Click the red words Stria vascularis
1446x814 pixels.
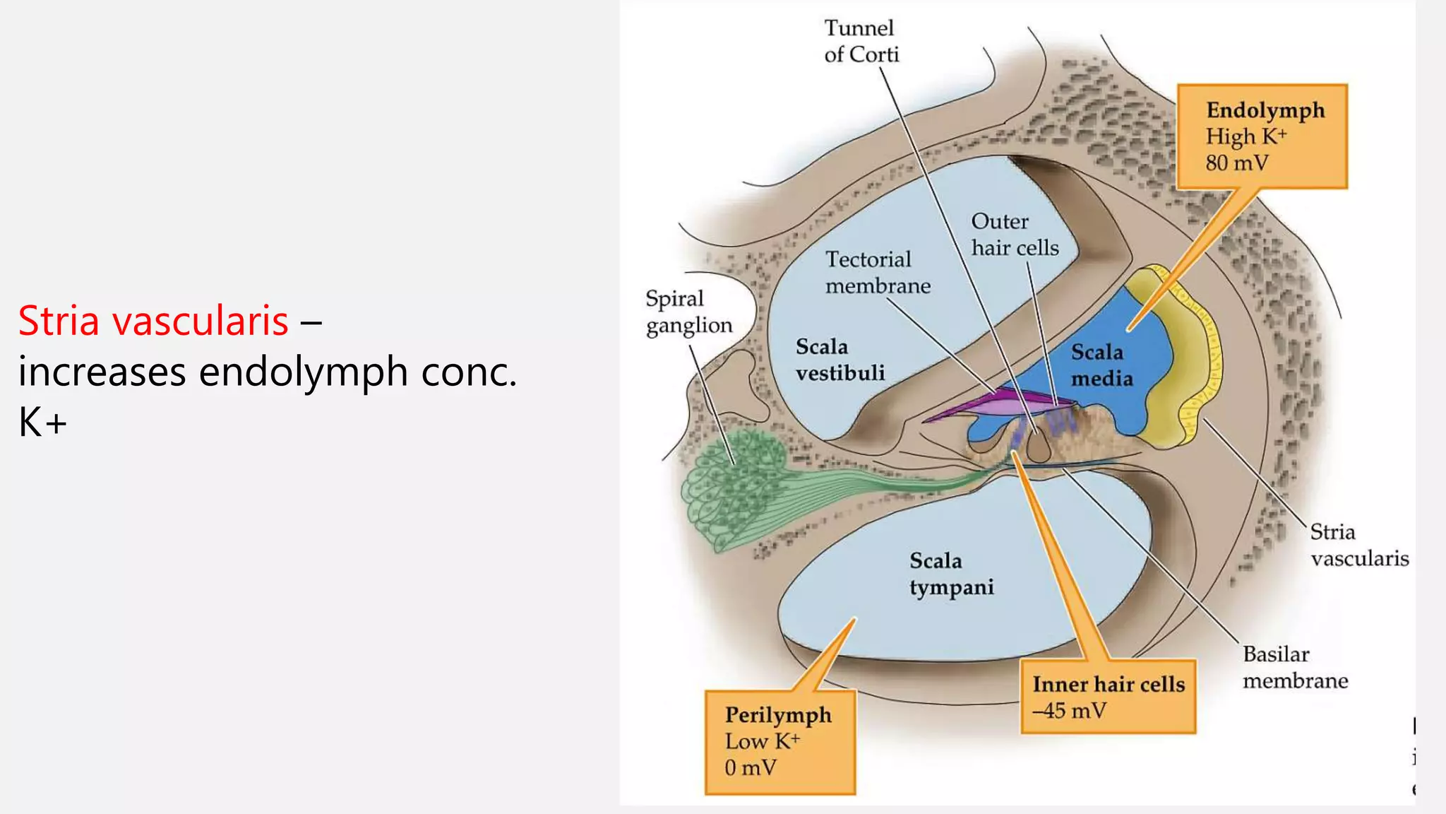153,320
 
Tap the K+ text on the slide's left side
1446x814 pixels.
42,423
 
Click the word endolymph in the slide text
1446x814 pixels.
303,372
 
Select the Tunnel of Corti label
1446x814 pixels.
861,41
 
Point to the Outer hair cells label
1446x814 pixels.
1015,235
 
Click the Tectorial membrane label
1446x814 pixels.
878,273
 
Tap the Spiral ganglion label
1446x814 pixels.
688,312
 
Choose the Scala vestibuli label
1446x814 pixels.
839,360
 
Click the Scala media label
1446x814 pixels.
1101,365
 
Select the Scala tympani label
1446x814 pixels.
951,574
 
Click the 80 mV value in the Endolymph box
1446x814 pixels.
1236,163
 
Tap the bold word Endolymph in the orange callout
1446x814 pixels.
1265,110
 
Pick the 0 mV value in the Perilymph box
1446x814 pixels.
750,767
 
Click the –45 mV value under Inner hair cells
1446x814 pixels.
1069,711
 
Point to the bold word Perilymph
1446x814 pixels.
778,714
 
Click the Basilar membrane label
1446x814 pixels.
1295,667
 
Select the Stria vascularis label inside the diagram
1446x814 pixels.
1358,545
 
